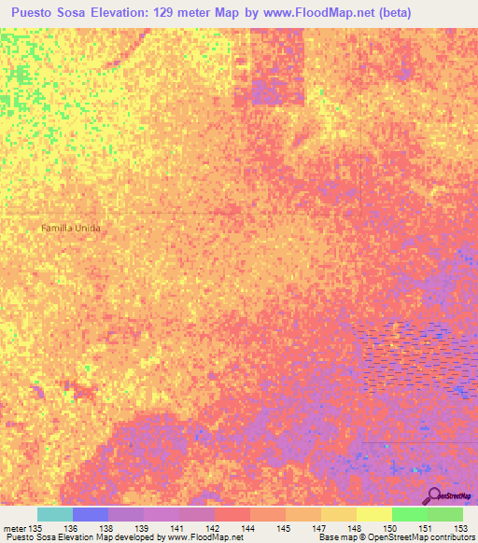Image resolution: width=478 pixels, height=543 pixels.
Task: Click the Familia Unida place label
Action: (70, 228)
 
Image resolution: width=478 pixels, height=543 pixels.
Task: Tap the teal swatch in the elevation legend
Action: (54, 514)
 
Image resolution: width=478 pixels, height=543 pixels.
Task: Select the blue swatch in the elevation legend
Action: (90, 514)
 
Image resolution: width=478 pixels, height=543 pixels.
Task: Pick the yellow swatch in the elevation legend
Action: (373, 514)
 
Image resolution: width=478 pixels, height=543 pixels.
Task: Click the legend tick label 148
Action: (357, 528)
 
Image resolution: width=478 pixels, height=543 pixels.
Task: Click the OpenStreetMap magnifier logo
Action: (435, 494)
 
